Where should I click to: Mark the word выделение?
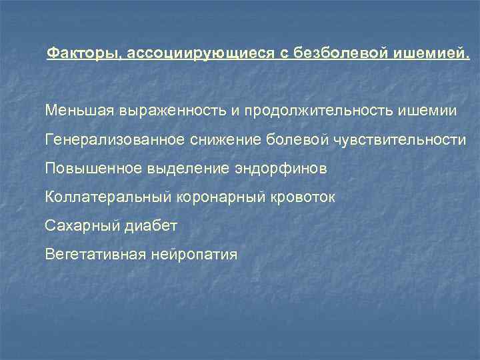coord(182,169)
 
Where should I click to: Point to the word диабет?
coord(150,227)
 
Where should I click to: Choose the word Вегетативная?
coord(95,255)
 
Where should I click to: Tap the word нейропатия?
coord(194,255)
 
